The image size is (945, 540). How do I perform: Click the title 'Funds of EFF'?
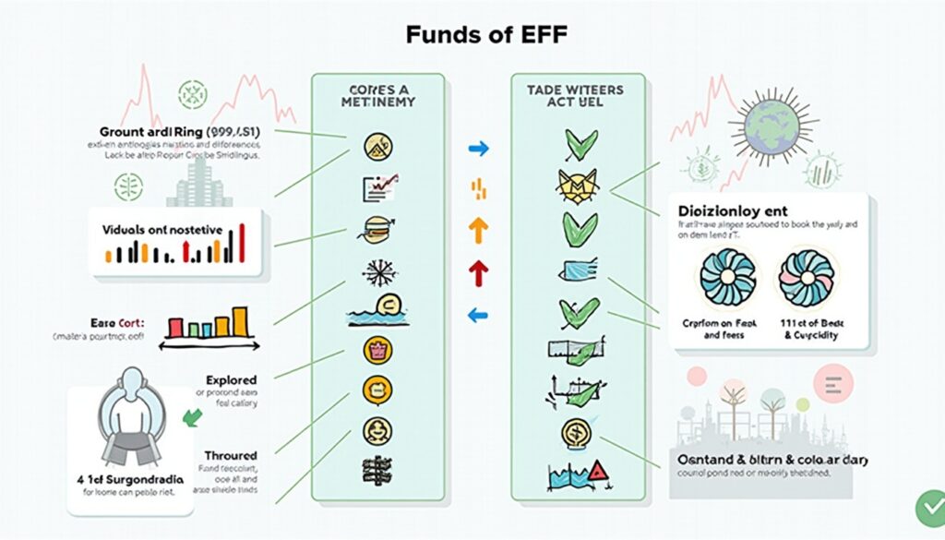point(486,35)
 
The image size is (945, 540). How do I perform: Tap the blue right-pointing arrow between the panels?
point(478,148)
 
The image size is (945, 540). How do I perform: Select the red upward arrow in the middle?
point(478,272)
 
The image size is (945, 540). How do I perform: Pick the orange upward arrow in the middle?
point(478,230)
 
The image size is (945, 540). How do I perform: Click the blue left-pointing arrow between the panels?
point(478,316)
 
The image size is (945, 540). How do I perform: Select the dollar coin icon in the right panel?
point(572,432)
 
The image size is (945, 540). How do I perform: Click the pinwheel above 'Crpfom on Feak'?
point(728,277)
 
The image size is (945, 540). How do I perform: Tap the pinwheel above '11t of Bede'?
point(806,277)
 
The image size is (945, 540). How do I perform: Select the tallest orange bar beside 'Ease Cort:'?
point(241,319)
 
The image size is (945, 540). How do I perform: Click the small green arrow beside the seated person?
point(192,416)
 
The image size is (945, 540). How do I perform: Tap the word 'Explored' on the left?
point(231,379)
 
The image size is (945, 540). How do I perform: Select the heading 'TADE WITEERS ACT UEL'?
point(574,96)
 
